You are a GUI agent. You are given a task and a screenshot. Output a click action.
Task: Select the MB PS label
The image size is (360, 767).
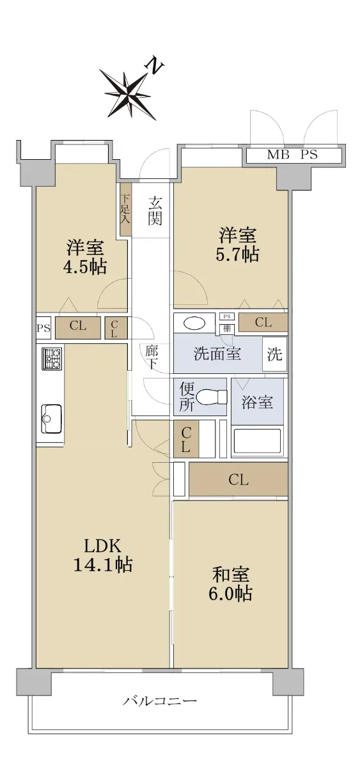(x=292, y=155)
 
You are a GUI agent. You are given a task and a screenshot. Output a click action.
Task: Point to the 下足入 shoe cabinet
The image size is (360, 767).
(x=125, y=209)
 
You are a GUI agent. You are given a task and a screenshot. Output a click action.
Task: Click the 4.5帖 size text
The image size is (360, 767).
(x=85, y=267)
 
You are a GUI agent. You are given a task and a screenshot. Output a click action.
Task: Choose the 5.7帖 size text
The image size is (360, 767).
(x=237, y=254)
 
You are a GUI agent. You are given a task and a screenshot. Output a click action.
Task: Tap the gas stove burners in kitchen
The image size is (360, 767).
(x=52, y=359)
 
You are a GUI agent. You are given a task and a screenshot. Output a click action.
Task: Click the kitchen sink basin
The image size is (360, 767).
(x=51, y=419)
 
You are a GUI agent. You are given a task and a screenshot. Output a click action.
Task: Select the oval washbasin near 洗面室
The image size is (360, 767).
(x=194, y=323)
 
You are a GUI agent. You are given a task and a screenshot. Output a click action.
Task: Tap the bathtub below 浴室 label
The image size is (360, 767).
(x=258, y=442)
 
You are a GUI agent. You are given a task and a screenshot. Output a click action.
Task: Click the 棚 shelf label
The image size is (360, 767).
(x=227, y=329)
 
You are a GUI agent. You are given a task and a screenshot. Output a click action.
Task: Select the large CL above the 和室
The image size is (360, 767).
(x=239, y=480)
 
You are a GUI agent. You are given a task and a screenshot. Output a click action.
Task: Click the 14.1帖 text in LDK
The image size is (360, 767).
(x=103, y=564)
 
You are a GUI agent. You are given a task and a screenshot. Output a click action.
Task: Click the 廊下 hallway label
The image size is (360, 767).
(x=151, y=357)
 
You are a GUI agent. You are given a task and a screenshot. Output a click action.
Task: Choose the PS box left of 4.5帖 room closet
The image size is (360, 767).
(x=43, y=328)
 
